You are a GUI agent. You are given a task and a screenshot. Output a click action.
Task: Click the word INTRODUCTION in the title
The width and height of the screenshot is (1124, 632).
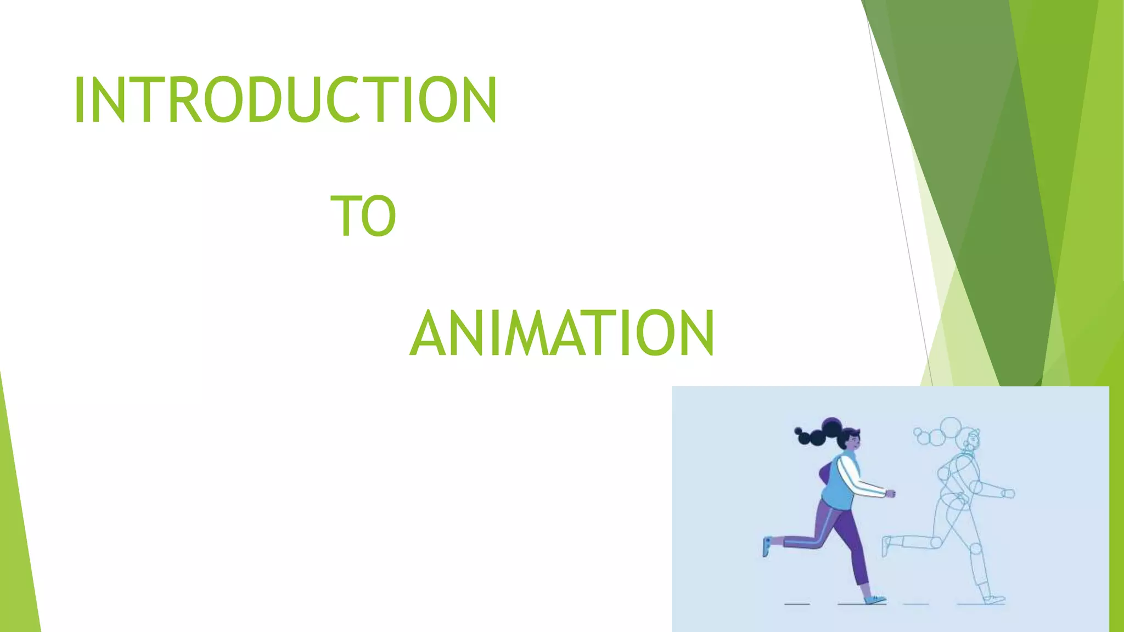coord(285,100)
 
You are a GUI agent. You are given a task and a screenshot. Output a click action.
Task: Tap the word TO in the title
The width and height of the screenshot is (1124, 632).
coord(363,216)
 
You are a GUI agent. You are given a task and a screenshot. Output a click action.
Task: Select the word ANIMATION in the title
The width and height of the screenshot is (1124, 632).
coord(562,333)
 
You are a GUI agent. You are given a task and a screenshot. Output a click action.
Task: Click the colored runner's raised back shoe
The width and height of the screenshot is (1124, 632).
coord(767,546)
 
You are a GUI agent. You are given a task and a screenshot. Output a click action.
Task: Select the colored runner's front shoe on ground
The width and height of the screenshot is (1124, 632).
coord(875,599)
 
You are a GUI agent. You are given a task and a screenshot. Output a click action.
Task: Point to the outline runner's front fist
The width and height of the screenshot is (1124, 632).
coord(1008,494)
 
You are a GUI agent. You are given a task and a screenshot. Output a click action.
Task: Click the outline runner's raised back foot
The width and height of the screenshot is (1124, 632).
coord(886,545)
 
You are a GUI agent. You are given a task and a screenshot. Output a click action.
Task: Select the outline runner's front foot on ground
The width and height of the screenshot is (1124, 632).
coord(994,599)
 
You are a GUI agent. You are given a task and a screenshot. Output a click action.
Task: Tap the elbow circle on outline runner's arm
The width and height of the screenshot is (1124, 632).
coord(975,486)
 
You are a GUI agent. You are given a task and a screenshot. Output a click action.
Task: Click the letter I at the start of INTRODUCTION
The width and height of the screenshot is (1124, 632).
coord(79,100)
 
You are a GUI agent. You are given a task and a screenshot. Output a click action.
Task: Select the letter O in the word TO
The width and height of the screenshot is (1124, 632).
coord(379,216)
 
